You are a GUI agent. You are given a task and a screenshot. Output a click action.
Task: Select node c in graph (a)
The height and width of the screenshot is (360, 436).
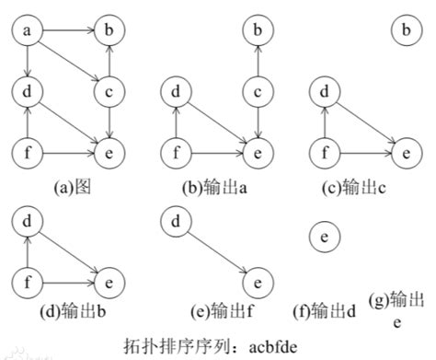click(110, 92)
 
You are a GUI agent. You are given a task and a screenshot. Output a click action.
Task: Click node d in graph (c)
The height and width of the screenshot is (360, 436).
click(324, 92)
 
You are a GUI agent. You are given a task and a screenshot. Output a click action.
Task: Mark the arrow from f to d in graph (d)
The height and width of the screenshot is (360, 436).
click(29, 250)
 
